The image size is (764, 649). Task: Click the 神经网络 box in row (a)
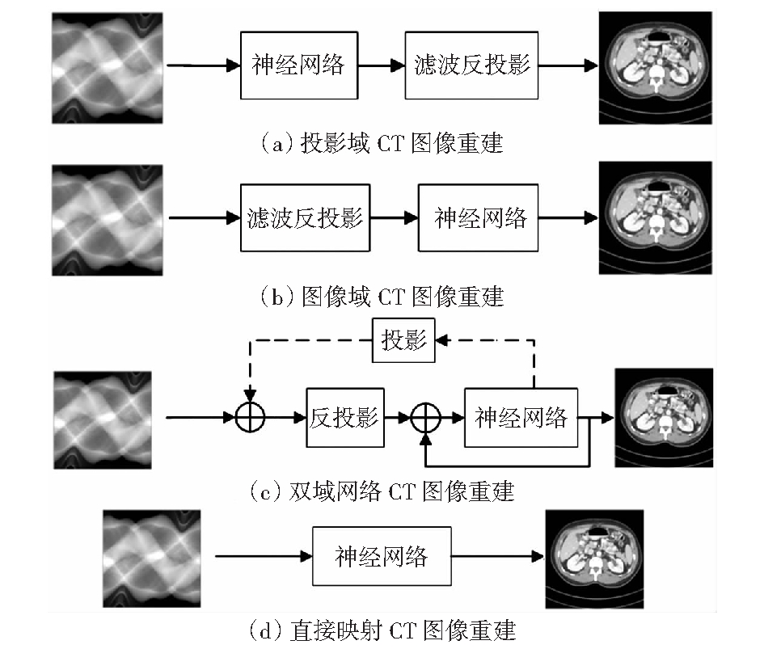coord(299,65)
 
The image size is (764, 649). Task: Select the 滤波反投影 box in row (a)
coord(471,65)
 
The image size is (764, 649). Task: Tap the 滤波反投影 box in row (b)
coord(305,217)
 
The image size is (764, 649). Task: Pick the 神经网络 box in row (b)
coord(478,217)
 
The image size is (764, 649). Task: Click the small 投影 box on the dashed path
coord(403,340)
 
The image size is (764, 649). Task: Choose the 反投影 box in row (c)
coord(345,418)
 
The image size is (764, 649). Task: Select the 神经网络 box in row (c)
coord(521,418)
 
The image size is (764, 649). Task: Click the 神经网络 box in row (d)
coord(382,556)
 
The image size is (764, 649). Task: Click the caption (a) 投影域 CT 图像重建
coord(381,143)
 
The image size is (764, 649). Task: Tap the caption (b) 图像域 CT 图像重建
coord(381,297)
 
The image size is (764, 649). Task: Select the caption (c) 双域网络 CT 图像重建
coord(381,491)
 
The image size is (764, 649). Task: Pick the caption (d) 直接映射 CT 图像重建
coord(381,630)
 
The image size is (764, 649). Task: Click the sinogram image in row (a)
coord(108,68)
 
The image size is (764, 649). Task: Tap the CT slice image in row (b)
coord(656,217)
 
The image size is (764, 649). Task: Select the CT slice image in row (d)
coord(594,558)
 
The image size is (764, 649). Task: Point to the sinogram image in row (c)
coord(103,420)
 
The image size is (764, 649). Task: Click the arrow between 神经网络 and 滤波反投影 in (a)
coord(382,65)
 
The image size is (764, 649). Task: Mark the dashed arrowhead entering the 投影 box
coord(441,340)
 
